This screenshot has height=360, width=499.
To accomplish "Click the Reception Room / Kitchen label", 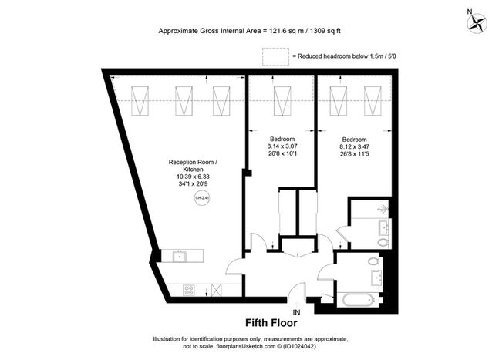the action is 193,166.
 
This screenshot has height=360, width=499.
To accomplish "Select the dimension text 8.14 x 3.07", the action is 282,146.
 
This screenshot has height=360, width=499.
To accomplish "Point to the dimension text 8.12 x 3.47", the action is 355,147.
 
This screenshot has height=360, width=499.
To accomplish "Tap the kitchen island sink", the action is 180,256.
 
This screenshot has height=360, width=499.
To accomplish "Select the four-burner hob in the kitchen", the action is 189,290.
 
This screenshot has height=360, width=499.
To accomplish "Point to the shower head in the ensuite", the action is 383,209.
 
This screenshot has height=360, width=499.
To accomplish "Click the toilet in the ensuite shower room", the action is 383,242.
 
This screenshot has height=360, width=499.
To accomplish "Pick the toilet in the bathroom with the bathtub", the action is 373,262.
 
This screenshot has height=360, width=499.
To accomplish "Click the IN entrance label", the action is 296,313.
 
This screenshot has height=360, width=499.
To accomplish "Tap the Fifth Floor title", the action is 271,323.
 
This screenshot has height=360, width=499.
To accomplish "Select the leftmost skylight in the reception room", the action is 140,101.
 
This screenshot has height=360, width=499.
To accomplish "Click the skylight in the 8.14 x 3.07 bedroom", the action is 282,101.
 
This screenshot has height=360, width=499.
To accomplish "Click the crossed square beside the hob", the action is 216,290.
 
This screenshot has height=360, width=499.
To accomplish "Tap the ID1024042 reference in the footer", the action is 299,346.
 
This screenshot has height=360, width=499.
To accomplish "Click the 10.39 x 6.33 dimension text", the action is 193,177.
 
